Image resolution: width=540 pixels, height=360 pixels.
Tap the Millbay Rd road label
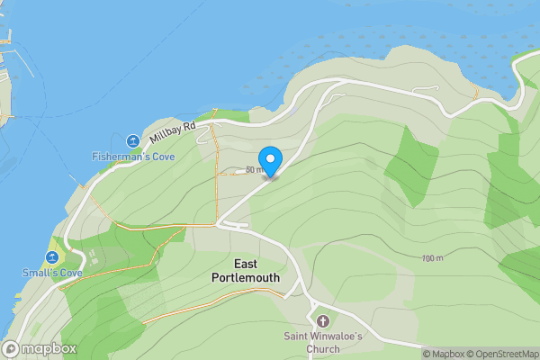(173, 131)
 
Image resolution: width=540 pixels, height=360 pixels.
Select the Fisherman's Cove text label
(133, 157)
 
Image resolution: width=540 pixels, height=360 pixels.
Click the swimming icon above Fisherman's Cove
(133, 141)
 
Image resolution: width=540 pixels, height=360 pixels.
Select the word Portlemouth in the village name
(246, 278)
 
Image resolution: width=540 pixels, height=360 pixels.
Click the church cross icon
(322, 321)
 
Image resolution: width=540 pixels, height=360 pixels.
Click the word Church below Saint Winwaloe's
(322, 349)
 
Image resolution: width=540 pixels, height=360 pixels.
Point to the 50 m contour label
(255, 169)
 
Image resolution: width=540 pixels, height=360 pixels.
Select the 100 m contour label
(432, 259)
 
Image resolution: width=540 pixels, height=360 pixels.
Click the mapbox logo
(40, 349)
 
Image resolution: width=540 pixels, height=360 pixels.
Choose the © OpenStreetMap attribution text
(504, 354)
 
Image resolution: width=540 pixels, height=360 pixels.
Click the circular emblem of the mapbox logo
(12, 349)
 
